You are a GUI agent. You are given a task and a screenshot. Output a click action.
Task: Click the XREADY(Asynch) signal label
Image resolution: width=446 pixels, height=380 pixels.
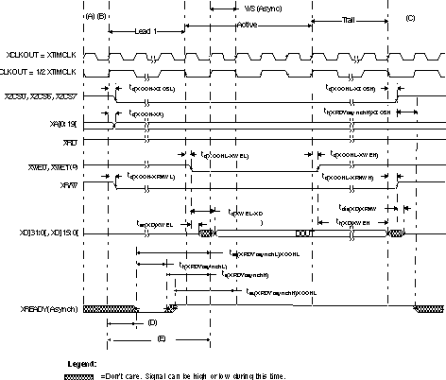[x=39, y=309]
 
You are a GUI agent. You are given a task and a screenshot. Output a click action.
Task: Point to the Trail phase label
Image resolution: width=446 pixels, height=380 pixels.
[x=349, y=20]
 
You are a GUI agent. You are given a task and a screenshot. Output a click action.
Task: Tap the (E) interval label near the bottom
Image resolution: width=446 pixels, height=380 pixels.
[x=162, y=337]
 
